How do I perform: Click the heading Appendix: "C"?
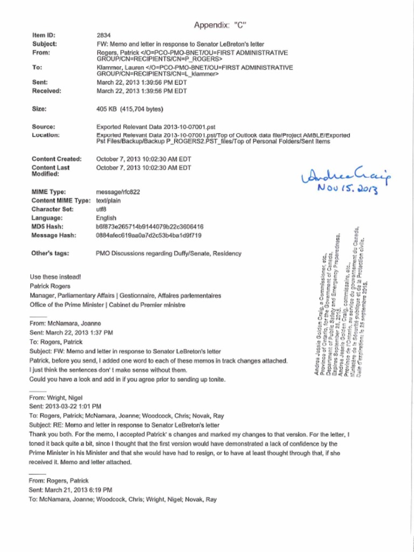click(220, 25)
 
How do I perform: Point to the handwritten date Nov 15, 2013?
click(348, 190)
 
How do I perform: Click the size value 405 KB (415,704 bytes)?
click(129, 109)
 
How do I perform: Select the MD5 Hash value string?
click(149, 227)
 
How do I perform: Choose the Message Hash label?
click(54, 236)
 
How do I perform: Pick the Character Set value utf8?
click(101, 209)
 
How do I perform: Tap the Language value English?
click(106, 218)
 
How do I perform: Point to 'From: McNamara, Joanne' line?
click(65, 323)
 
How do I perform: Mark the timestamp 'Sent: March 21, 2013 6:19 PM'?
click(70, 490)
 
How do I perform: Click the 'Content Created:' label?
click(57, 159)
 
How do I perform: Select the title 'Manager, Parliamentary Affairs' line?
click(125, 296)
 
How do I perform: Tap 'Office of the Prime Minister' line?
click(107, 305)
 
